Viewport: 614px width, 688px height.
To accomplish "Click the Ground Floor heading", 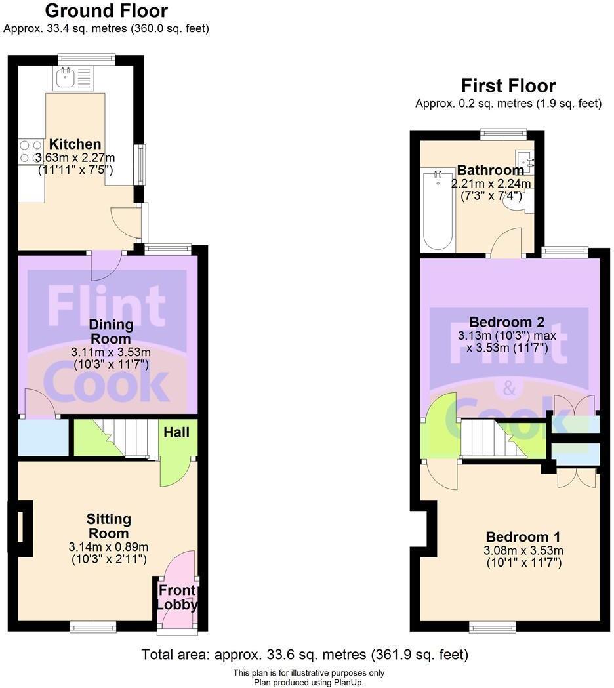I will [x=106, y=11].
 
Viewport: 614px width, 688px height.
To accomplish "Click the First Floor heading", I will [x=508, y=86].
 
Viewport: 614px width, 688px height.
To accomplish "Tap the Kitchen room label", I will [x=75, y=144].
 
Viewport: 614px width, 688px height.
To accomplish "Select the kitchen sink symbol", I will [x=66, y=79].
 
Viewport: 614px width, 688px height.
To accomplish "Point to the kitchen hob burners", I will [x=29, y=152].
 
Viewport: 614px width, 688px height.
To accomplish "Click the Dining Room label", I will [x=111, y=331].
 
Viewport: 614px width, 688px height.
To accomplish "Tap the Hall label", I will [x=176, y=432].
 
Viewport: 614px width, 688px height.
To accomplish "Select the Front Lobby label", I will [x=177, y=597].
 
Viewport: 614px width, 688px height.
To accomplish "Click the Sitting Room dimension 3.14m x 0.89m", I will [x=108, y=546].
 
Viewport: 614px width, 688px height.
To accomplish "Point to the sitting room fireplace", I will [x=20, y=526].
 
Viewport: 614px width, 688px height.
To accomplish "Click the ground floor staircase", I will [x=131, y=438].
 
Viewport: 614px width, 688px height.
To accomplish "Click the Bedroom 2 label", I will [x=507, y=322].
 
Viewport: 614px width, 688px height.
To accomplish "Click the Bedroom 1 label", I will [x=523, y=536].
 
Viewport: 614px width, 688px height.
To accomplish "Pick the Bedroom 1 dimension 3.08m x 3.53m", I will [x=523, y=550].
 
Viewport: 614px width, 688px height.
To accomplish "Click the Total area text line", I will [x=305, y=655].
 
